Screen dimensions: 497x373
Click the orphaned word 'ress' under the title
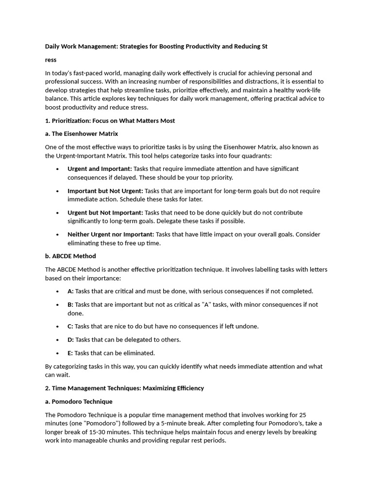[x=51, y=60]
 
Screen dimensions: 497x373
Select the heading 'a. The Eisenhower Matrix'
[x=81, y=133]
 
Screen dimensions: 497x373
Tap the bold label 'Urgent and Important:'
[x=100, y=168]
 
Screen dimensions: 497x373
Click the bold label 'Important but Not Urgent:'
[x=105, y=191]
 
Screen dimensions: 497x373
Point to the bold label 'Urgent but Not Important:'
[x=105, y=213]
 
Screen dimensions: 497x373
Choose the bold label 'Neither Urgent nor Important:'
[x=111, y=234]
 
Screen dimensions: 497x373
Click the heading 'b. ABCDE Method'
[x=70, y=256]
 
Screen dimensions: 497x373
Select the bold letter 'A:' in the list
[x=70, y=291]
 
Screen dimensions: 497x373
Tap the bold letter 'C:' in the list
[x=70, y=326]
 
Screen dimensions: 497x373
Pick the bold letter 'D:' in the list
[x=70, y=340]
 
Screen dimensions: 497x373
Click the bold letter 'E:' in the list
[x=70, y=353]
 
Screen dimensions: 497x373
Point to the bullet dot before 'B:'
[x=57, y=305]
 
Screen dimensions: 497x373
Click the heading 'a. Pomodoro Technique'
[x=78, y=401]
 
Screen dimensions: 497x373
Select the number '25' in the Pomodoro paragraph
[x=303, y=415]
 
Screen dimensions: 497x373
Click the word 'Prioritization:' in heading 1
[x=71, y=120]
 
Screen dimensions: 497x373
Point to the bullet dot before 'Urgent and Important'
[x=57, y=169]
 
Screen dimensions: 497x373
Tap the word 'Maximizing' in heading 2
[x=158, y=388]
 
